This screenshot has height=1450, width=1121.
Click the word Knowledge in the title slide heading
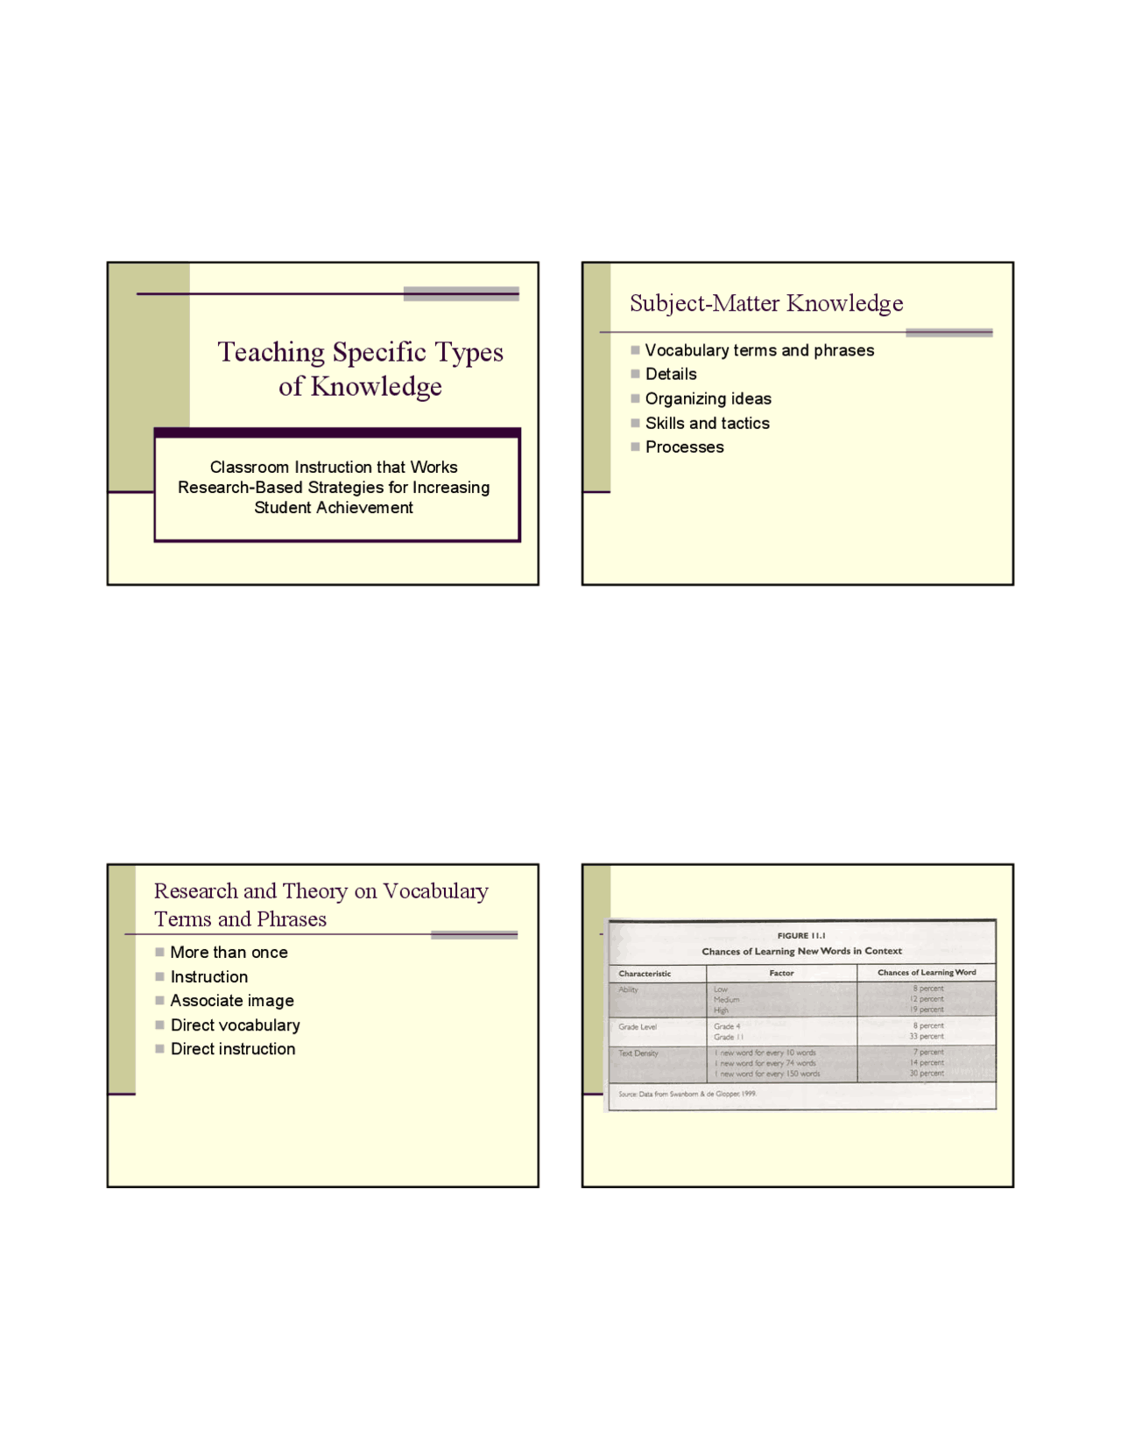[376, 386]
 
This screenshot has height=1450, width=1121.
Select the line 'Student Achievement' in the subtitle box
[333, 508]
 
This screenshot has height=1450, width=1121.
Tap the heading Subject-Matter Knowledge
[766, 303]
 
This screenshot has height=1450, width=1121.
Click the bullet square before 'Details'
[636, 374]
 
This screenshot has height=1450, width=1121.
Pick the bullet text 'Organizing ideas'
[708, 399]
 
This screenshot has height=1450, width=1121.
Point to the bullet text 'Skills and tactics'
[707, 424]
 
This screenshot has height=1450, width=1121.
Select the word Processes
[684, 447]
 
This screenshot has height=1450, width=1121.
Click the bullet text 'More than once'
[229, 953]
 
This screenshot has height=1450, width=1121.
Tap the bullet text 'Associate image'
[232, 1001]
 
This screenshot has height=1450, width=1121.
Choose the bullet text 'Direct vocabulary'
[235, 1025]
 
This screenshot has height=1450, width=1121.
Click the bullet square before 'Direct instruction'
[160, 1049]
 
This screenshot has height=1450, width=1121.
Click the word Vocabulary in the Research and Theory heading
[435, 891]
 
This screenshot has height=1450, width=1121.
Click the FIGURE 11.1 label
[800, 936]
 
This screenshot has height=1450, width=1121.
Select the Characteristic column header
[645, 974]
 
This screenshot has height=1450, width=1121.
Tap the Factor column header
[781, 973]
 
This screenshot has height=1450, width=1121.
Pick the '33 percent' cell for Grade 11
[927, 1037]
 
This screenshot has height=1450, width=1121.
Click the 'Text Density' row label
[638, 1053]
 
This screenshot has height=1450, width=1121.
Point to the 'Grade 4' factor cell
[727, 1026]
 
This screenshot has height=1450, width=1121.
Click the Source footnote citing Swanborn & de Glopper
[687, 1095]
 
